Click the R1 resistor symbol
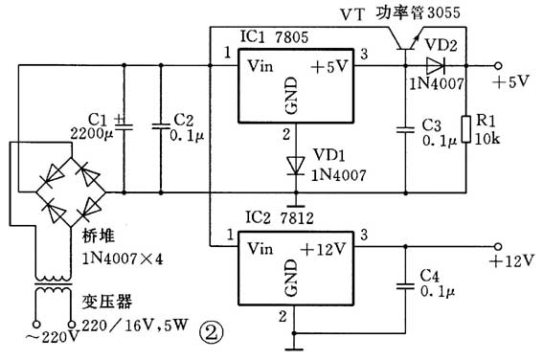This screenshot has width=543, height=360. pyautogui.click(x=466, y=130)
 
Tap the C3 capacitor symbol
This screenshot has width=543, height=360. pyautogui.click(x=402, y=126)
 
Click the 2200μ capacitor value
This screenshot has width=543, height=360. pyautogui.click(x=93, y=135)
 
